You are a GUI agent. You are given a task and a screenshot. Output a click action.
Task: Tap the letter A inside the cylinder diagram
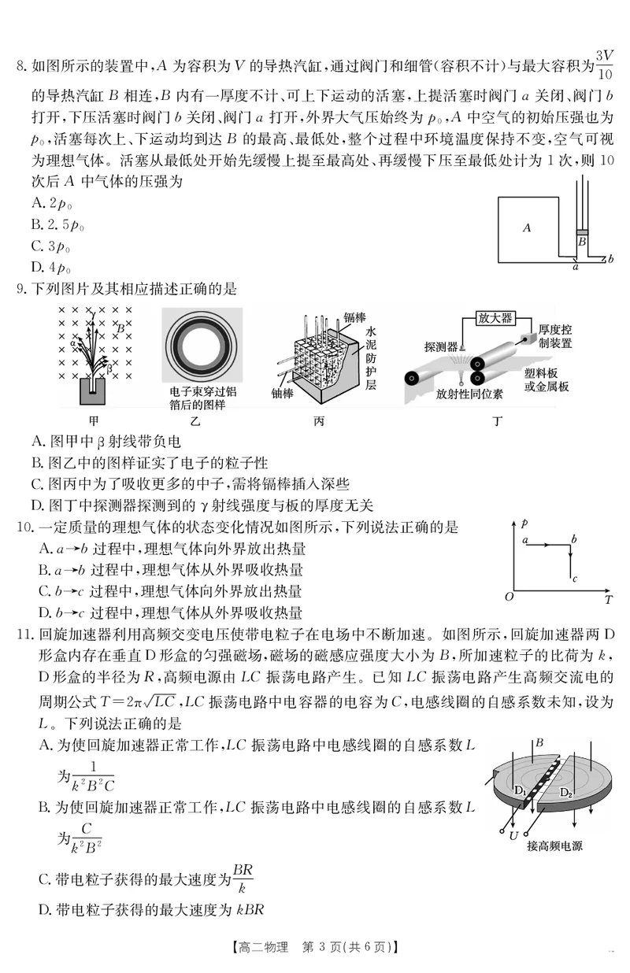pyautogui.click(x=527, y=228)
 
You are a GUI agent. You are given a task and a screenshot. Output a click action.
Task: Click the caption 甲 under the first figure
pyautogui.click(x=93, y=420)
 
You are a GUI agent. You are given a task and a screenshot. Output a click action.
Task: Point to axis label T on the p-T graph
pyautogui.click(x=609, y=600)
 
